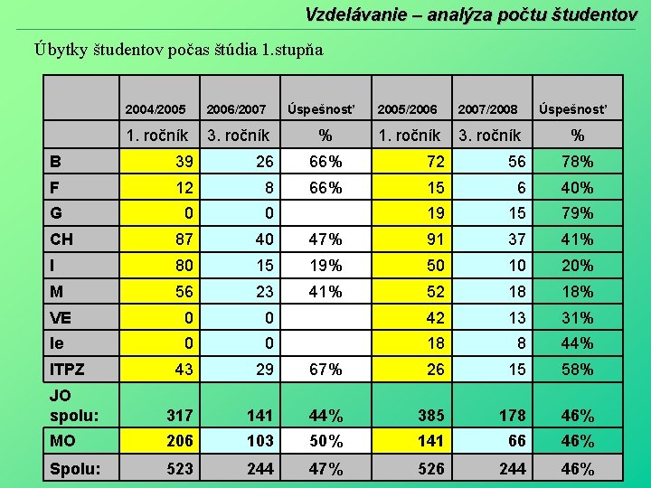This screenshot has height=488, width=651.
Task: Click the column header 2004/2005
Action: click(156, 109)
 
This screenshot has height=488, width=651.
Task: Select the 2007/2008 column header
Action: click(487, 109)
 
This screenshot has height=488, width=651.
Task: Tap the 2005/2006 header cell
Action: click(407, 109)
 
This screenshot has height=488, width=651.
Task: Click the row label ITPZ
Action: click(69, 370)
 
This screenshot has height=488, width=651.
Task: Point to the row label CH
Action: click(62, 239)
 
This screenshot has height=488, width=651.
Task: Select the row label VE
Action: click(61, 317)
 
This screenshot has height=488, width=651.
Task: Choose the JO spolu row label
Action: click(71, 406)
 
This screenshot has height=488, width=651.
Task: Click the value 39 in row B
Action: click(185, 162)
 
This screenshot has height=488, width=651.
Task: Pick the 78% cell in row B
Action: click(577, 162)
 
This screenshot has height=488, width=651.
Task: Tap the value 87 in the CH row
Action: click(185, 239)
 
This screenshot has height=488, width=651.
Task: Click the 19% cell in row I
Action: click(325, 266)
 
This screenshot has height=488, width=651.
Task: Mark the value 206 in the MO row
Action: click(181, 442)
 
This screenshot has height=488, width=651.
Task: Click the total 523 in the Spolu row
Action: click(181, 469)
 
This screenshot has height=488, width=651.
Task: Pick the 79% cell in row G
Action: click(577, 213)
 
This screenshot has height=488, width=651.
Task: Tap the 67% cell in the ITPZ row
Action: click(325, 370)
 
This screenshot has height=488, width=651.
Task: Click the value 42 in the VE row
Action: click(436, 317)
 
